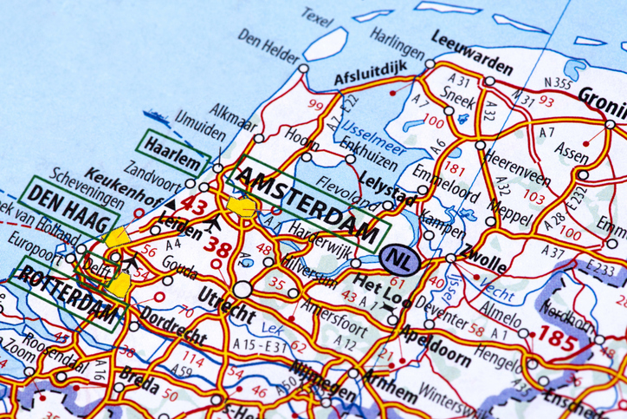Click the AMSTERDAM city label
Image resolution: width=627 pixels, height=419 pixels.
307,205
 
